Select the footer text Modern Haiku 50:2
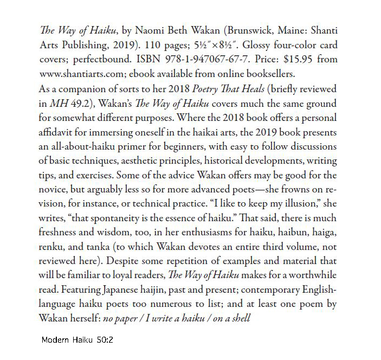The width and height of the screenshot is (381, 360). pyautogui.click(x=77, y=340)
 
